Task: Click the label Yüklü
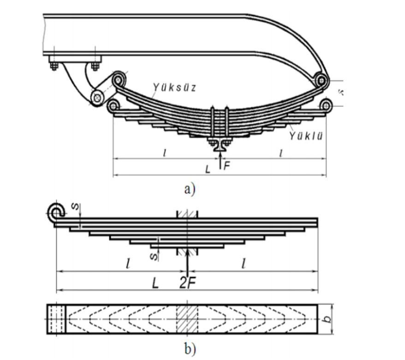click(x=305, y=136)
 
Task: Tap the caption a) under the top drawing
click(x=190, y=189)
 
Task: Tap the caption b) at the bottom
click(x=190, y=349)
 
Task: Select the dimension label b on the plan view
click(x=328, y=319)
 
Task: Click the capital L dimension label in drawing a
click(x=208, y=170)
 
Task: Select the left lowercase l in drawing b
click(x=128, y=264)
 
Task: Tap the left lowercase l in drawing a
click(x=165, y=153)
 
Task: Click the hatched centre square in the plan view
click(x=187, y=319)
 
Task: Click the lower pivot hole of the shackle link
click(x=97, y=97)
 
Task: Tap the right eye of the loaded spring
click(x=326, y=106)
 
